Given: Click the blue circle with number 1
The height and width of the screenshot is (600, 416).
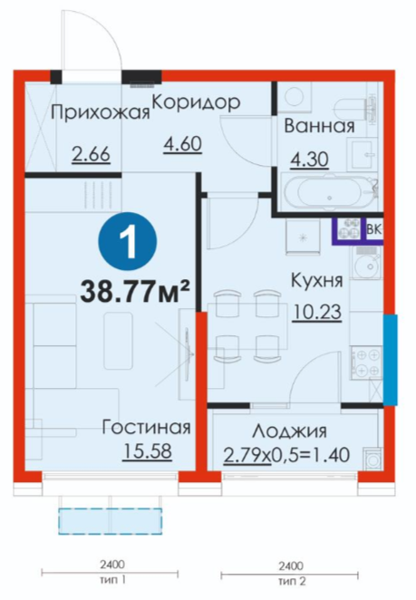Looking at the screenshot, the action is [x=128, y=241].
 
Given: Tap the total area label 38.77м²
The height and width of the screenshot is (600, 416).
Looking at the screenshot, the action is [x=135, y=292].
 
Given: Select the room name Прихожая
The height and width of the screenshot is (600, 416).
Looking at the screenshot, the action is [x=101, y=113].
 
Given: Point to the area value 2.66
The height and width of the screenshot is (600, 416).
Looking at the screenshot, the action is [x=91, y=155].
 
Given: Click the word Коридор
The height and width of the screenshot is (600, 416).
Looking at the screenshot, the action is [x=197, y=102].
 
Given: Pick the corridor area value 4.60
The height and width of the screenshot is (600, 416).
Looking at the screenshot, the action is [x=182, y=145].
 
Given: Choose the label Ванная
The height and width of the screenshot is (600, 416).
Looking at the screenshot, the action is [x=320, y=126].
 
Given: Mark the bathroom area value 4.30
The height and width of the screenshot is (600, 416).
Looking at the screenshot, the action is [x=309, y=160].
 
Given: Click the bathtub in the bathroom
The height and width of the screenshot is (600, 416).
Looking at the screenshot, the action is [x=329, y=191].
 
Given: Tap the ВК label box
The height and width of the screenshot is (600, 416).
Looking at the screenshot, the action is [x=373, y=229].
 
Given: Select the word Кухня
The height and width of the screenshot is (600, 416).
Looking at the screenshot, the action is [x=317, y=280].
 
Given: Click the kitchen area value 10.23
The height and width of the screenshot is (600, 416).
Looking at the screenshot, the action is [x=317, y=313].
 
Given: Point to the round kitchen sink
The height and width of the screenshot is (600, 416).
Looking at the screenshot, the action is [x=365, y=263].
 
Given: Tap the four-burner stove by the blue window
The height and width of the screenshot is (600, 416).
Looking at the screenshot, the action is [x=367, y=362].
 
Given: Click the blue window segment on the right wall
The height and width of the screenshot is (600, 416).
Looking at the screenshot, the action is [x=391, y=360].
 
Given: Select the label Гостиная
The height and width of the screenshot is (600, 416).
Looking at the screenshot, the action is [x=146, y=428].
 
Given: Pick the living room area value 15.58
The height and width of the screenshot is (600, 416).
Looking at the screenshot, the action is [x=148, y=451].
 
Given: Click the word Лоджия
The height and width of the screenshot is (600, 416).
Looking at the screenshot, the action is [x=289, y=431].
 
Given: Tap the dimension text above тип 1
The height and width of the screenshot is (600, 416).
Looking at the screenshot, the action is [x=112, y=564].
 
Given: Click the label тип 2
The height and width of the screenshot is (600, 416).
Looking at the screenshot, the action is [x=292, y=582].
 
